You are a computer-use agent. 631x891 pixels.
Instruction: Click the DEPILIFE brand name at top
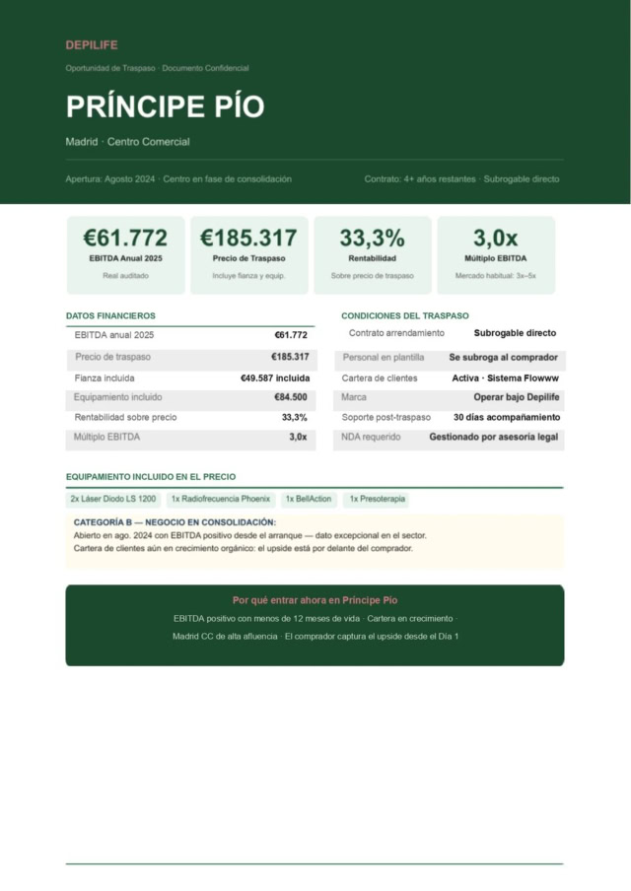coord(92,45)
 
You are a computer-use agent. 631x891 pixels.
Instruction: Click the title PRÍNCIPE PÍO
coord(165,106)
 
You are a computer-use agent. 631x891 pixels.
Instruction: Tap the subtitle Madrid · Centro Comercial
coord(127,142)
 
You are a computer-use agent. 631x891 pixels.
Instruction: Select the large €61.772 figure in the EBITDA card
coord(125,238)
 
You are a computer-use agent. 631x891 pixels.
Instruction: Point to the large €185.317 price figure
coord(248,238)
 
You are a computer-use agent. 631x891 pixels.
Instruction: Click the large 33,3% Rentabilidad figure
coord(372,238)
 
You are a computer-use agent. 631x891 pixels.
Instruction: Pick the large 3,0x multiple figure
coord(495,238)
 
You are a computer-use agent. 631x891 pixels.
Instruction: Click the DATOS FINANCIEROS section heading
coord(110,315)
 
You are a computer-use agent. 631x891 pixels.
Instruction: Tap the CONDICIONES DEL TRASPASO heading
coord(405,315)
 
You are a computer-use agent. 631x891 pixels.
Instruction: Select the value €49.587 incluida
coord(275,378)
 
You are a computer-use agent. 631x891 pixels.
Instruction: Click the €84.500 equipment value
coord(290,398)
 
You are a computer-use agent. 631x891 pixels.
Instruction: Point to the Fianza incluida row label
coord(105,378)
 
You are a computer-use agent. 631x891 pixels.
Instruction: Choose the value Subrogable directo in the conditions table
coord(515,333)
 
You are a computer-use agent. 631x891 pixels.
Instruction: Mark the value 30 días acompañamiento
coord(507,418)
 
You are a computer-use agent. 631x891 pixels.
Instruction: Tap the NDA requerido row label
coord(372,437)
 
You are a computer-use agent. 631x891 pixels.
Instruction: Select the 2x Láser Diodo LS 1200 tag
coord(112,500)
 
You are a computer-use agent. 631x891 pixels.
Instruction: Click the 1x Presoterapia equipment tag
coord(376,500)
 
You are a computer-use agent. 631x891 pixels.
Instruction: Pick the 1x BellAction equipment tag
coord(309,500)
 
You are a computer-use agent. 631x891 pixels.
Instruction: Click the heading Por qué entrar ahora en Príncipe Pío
coord(315,600)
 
